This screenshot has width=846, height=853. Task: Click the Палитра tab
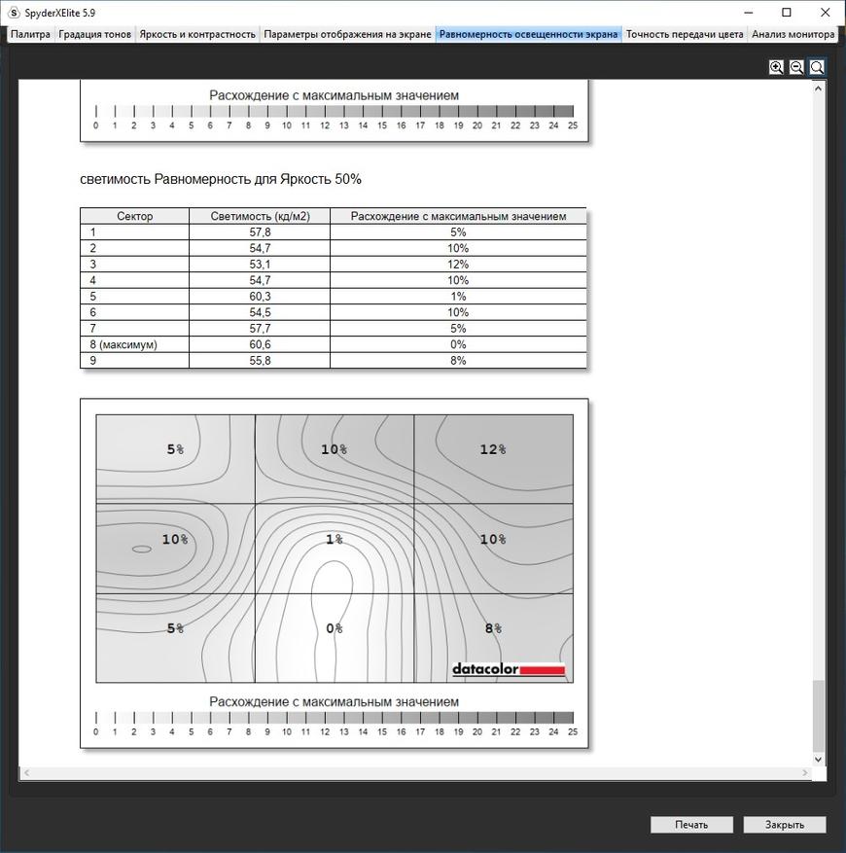(x=30, y=34)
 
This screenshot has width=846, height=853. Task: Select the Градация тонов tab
(x=94, y=34)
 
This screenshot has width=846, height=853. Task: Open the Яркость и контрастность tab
(x=197, y=34)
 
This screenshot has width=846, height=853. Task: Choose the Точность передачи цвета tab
(x=685, y=34)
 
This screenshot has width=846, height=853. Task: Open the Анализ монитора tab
(x=793, y=34)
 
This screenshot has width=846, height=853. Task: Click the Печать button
(x=691, y=825)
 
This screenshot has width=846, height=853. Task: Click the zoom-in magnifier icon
(x=776, y=67)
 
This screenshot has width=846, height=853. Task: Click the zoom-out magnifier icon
(x=796, y=67)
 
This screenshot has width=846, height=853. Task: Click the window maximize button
(x=787, y=13)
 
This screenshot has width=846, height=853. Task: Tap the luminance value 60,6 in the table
(x=260, y=344)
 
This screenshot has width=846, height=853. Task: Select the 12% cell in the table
(x=458, y=265)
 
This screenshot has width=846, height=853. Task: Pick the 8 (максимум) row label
(x=123, y=344)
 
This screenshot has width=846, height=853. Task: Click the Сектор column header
(x=135, y=216)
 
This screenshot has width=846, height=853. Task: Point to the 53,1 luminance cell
(x=260, y=265)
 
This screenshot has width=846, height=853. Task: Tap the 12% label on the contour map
(x=493, y=449)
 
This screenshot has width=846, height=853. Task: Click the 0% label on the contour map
(x=335, y=628)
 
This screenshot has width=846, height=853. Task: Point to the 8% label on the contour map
(x=493, y=628)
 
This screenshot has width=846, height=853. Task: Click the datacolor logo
(x=509, y=669)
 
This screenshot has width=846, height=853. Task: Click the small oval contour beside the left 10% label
(x=142, y=550)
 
